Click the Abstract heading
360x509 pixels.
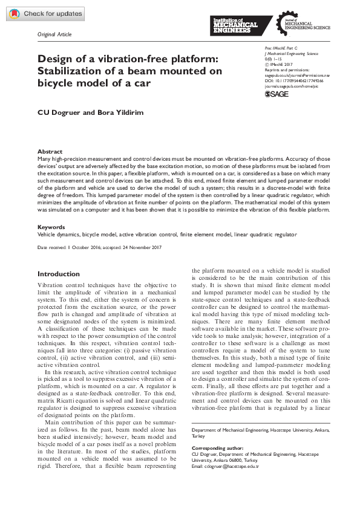tap(49, 152)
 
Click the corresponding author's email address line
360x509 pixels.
tap(224, 466)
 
